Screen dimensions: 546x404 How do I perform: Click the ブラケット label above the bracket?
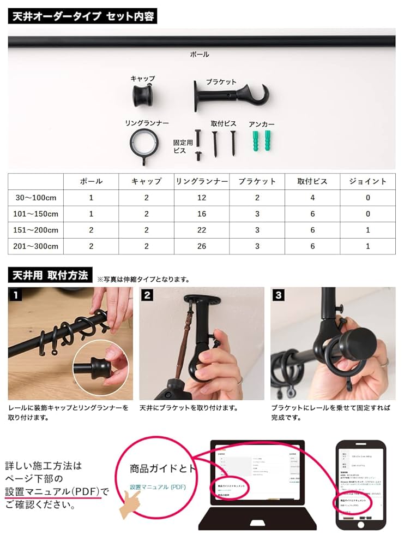pyautogui.click(x=221, y=82)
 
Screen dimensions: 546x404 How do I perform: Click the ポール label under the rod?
pyautogui.click(x=199, y=55)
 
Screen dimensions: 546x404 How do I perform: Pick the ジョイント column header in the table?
pyautogui.click(x=367, y=181)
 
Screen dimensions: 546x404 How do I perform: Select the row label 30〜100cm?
pyautogui.click(x=36, y=198)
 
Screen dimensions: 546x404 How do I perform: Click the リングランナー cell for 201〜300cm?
pyautogui.click(x=201, y=246)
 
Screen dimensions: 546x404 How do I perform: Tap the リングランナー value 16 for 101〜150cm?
pyautogui.click(x=201, y=214)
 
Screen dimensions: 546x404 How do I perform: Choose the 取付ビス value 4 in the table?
pyautogui.click(x=312, y=198)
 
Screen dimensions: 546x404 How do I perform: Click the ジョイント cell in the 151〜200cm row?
pyautogui.click(x=367, y=230)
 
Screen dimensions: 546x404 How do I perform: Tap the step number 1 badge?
pyautogui.click(x=16, y=295)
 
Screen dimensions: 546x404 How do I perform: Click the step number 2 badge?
pyautogui.click(x=147, y=295)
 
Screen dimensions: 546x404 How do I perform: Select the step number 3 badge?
pyautogui.click(x=279, y=295)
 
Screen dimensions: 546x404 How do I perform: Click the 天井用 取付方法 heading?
pyautogui.click(x=50, y=275)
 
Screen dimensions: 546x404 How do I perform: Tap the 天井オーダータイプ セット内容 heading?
pyautogui.click(x=82, y=16)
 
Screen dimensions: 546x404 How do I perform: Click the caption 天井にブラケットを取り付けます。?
pyautogui.click(x=188, y=408)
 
